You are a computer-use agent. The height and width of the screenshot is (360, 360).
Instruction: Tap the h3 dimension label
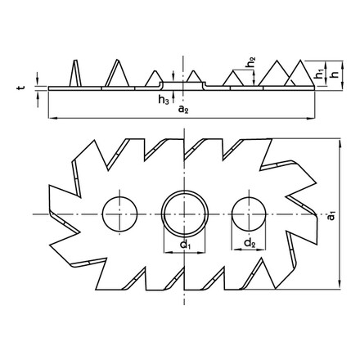(x=162, y=101)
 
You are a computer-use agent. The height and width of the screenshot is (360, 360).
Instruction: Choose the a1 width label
(x=330, y=219)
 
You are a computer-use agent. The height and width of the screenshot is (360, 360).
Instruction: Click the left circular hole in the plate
(x=119, y=214)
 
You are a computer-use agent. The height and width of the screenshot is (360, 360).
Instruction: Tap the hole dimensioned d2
(x=247, y=214)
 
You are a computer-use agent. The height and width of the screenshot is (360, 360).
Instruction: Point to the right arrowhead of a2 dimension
(x=315, y=120)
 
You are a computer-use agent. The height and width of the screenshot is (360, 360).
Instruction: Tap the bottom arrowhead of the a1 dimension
(x=336, y=286)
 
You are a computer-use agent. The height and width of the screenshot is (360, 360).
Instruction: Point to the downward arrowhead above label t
(x=39, y=82)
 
